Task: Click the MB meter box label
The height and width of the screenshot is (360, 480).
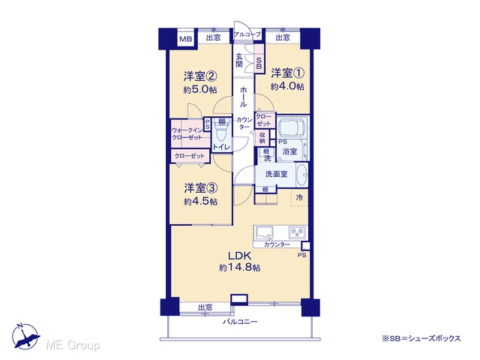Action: click(185, 39)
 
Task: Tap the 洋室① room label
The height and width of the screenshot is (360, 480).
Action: click(287, 73)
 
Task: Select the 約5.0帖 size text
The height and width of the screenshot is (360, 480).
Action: click(200, 89)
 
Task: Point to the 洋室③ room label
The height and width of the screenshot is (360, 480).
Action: click(200, 188)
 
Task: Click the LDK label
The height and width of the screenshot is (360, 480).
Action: click(240, 255)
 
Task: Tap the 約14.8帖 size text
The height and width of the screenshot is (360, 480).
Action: click(240, 268)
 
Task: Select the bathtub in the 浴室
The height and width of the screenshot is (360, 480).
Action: click(292, 126)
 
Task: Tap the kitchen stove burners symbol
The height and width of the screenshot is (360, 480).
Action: click(297, 232)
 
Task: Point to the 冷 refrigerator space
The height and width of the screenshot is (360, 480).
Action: click(299, 197)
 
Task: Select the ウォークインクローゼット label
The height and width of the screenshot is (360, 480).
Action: click(187, 133)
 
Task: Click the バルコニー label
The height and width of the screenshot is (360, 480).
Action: click(240, 322)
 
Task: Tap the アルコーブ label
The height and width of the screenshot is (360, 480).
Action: click(247, 34)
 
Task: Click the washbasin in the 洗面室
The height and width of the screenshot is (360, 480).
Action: click(301, 175)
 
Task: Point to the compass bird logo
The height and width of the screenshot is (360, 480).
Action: click(25, 337)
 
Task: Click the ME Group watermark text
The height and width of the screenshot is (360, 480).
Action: click(73, 345)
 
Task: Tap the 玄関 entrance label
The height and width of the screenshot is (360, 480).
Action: click(239, 60)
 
